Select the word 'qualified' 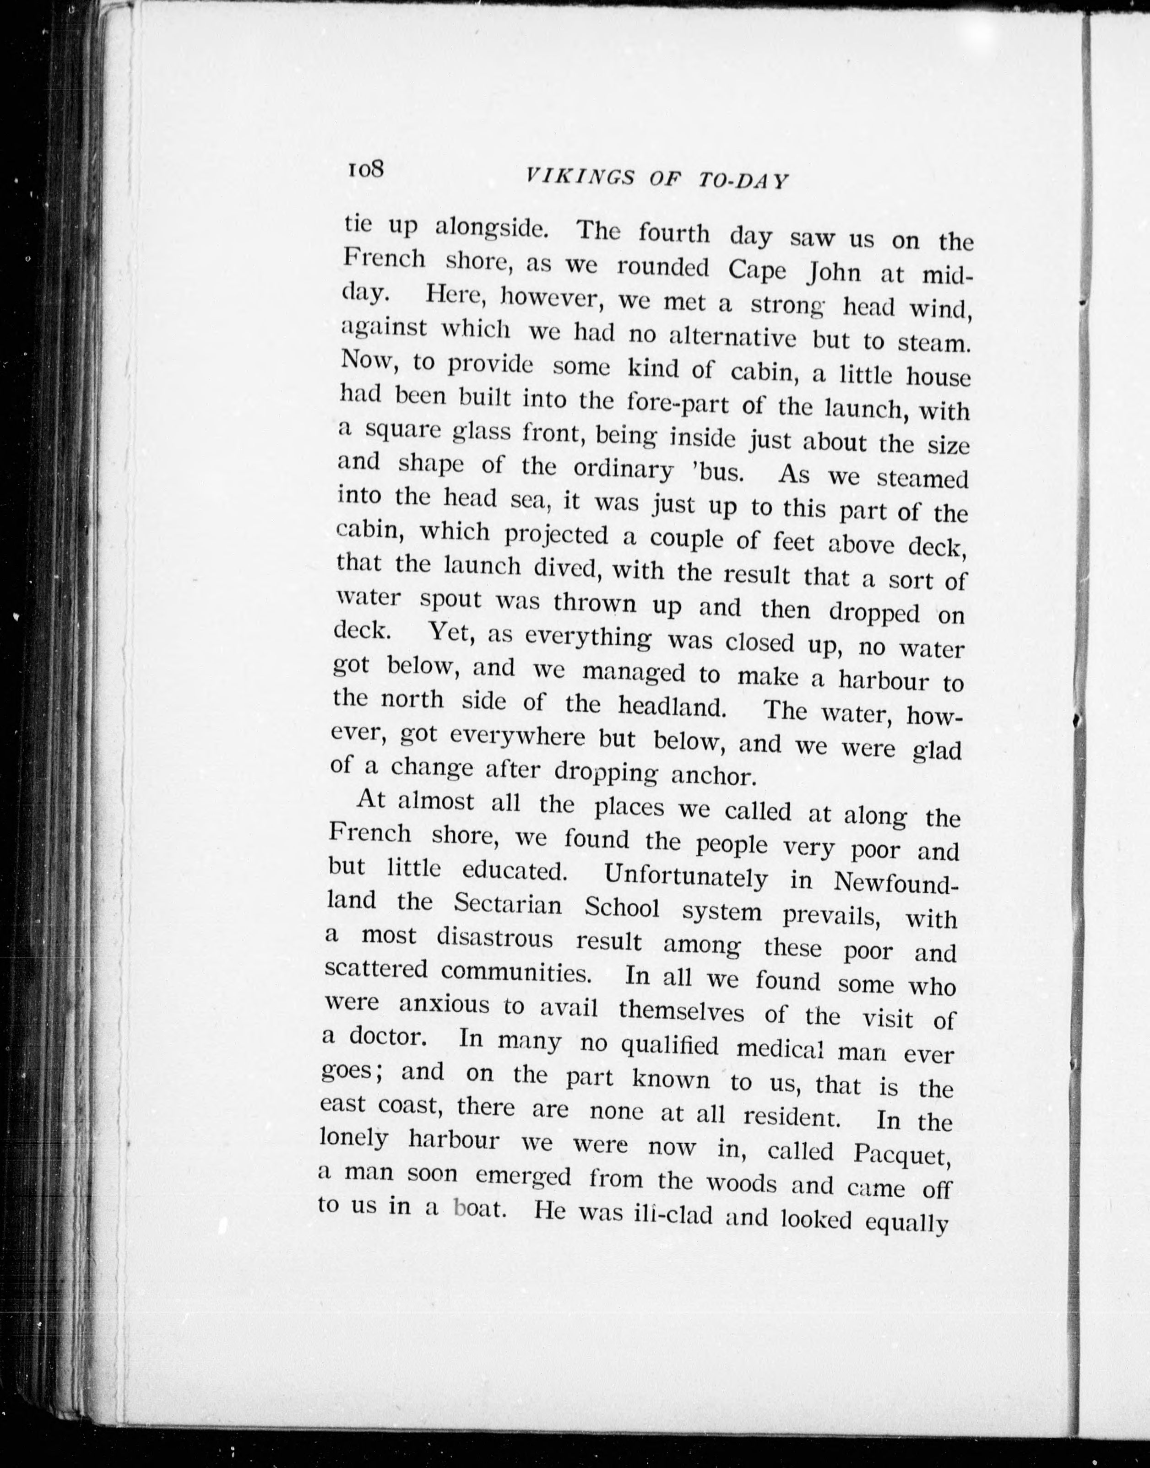669,1045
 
